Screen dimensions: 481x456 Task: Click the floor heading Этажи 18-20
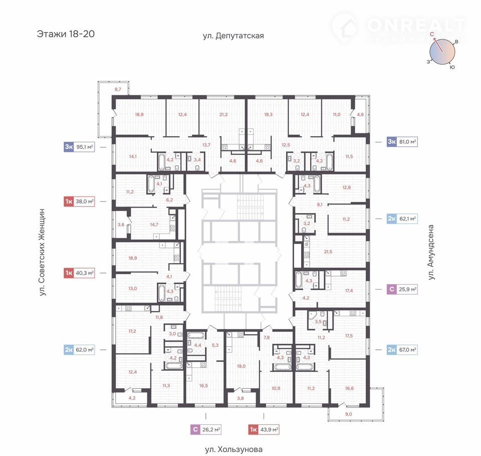pyautogui.click(x=66, y=34)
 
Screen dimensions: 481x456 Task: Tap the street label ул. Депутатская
pyautogui.click(x=233, y=36)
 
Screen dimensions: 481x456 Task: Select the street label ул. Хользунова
pyautogui.click(x=234, y=449)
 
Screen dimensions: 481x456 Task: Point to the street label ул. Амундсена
pyautogui.click(x=431, y=252)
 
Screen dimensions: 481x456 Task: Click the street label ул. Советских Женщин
pyautogui.click(x=42, y=252)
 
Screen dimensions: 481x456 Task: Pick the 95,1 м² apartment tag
pyautogui.click(x=79, y=147)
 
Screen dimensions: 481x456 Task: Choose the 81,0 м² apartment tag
pyautogui.click(x=402, y=142)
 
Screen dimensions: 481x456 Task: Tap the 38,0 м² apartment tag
pyautogui.click(x=79, y=201)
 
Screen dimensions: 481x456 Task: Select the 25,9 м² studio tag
pyautogui.click(x=402, y=289)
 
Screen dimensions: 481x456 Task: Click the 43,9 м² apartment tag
pyautogui.click(x=264, y=429)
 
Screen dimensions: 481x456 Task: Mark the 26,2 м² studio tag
pyautogui.click(x=206, y=429)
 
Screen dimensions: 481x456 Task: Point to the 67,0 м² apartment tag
pyautogui.click(x=402, y=350)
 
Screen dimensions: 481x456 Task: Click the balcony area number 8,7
pyautogui.click(x=118, y=89)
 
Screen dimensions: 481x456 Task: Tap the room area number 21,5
pyautogui.click(x=328, y=252)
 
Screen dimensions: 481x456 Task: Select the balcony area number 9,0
pyautogui.click(x=349, y=414)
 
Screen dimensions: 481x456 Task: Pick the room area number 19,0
pyautogui.click(x=241, y=366)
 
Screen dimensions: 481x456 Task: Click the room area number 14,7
pyautogui.click(x=154, y=224)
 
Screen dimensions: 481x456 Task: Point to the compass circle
pyautogui.click(x=442, y=52)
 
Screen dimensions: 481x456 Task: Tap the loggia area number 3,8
pyautogui.click(x=241, y=398)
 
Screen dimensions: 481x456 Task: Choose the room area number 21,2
pyautogui.click(x=223, y=114)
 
